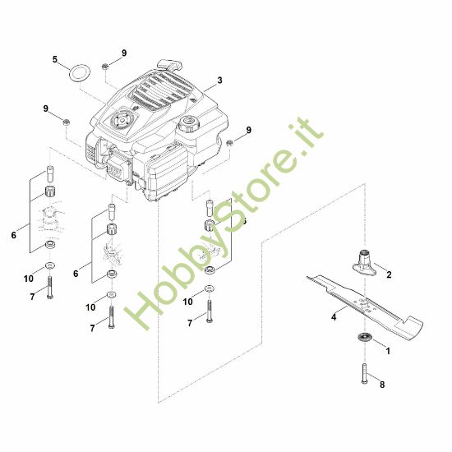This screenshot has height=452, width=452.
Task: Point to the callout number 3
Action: tap(220, 81)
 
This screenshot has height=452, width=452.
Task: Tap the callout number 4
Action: tap(334, 315)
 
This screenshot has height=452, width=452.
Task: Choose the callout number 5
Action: tap(55, 59)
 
